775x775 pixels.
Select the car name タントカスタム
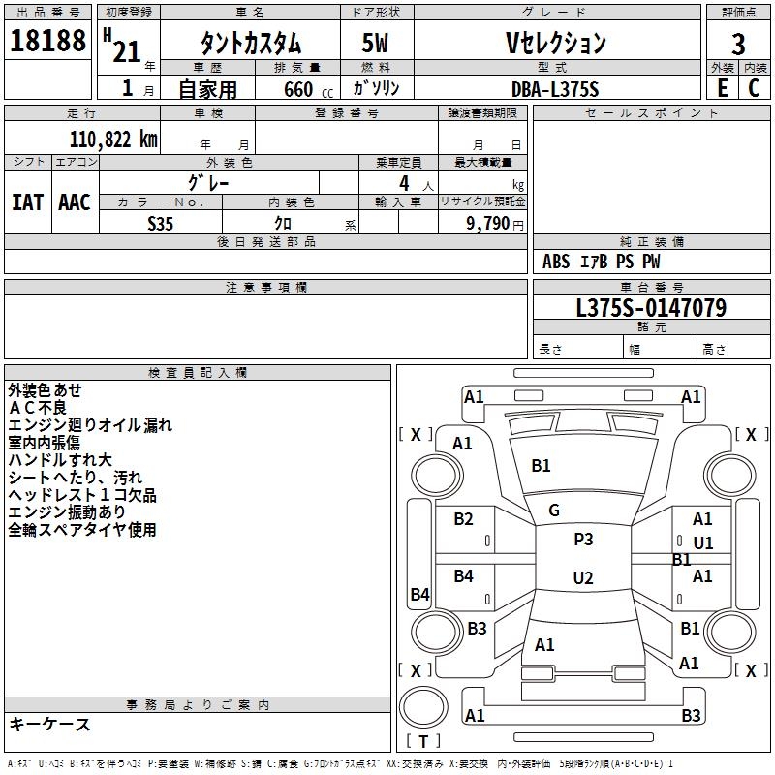point(250,44)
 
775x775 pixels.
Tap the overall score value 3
point(738,44)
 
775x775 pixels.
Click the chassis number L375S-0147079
point(651,308)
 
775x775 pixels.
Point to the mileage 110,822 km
point(112,139)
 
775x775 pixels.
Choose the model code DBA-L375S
point(555,88)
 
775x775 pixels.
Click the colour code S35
point(161,223)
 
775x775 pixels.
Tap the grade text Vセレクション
point(555,43)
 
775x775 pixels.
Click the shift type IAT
point(27,202)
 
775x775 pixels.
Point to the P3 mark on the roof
point(583,540)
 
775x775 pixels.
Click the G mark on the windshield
point(554,511)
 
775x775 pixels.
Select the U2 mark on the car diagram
point(583,578)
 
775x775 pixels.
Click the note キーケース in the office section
point(49,725)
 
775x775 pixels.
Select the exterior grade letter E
point(722,88)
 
